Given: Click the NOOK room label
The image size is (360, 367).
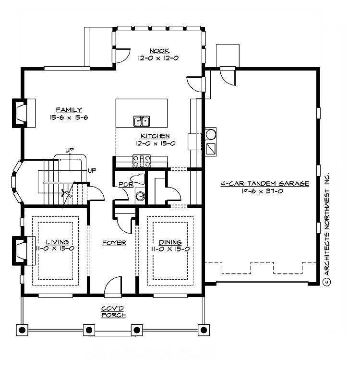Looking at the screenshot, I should pyautogui.click(x=157, y=51).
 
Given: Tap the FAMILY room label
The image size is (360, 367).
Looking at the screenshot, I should pyautogui.click(x=69, y=110).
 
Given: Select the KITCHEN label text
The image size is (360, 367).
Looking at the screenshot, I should pyautogui.click(x=155, y=136).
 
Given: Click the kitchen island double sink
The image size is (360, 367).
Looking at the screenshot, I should pyautogui.click(x=141, y=120).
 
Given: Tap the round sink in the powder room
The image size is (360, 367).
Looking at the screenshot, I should pyautogui.click(x=140, y=196).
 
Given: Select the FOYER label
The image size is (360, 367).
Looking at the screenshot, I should pyautogui.click(x=114, y=243).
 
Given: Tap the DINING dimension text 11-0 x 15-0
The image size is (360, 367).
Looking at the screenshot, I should pyautogui.click(x=169, y=249).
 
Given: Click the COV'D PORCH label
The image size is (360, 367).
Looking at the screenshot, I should pyautogui.click(x=113, y=312).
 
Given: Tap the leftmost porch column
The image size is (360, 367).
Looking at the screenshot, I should pyautogui.click(x=22, y=330).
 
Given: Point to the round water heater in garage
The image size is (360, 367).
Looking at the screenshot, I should pyautogui.click(x=210, y=134).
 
